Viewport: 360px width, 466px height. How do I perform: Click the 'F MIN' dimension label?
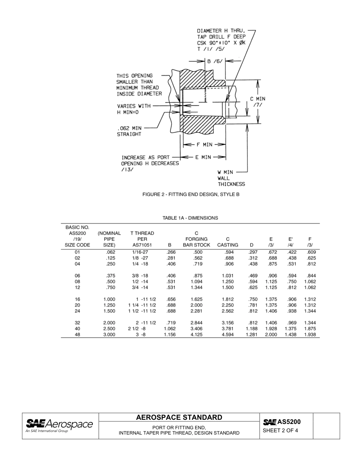pyautogui.click(x=204, y=144)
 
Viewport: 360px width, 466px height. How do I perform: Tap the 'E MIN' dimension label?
pyautogui.click(x=203, y=157)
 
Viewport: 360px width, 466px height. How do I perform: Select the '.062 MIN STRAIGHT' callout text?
pyautogui.click(x=129, y=131)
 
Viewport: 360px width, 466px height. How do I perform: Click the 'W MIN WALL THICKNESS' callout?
pyautogui.click(x=231, y=178)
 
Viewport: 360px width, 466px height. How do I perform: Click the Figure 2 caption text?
pyautogui.click(x=191, y=194)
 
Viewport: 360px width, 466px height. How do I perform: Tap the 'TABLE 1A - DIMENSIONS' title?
pyautogui.click(x=190, y=218)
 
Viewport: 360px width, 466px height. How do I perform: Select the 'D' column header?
pyautogui.click(x=251, y=245)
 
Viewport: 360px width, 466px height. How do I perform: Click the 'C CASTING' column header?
pyautogui.click(x=227, y=242)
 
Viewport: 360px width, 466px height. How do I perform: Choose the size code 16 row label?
pyautogui.click(x=77, y=299)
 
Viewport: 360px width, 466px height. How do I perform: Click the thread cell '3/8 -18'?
pyautogui.click(x=140, y=276)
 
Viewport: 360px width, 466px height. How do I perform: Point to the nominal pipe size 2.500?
pyautogui.click(x=109, y=329)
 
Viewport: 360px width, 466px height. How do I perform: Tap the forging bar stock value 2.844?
pyautogui.click(x=196, y=323)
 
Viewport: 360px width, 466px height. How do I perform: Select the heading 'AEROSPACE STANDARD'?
pyautogui.click(x=179, y=418)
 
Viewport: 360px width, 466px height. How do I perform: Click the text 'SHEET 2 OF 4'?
pyautogui.click(x=280, y=430)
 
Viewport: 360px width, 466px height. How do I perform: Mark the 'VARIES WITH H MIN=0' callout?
pyautogui.click(x=133, y=109)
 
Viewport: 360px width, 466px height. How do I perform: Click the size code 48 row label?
pyautogui.click(x=77, y=335)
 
